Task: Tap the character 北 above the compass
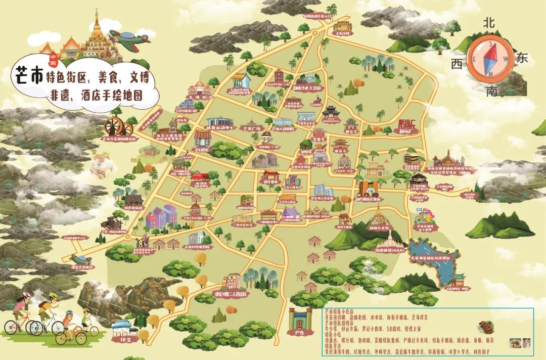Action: point(488,22)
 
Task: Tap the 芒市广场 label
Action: point(251,128)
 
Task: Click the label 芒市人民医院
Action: point(284,129)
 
